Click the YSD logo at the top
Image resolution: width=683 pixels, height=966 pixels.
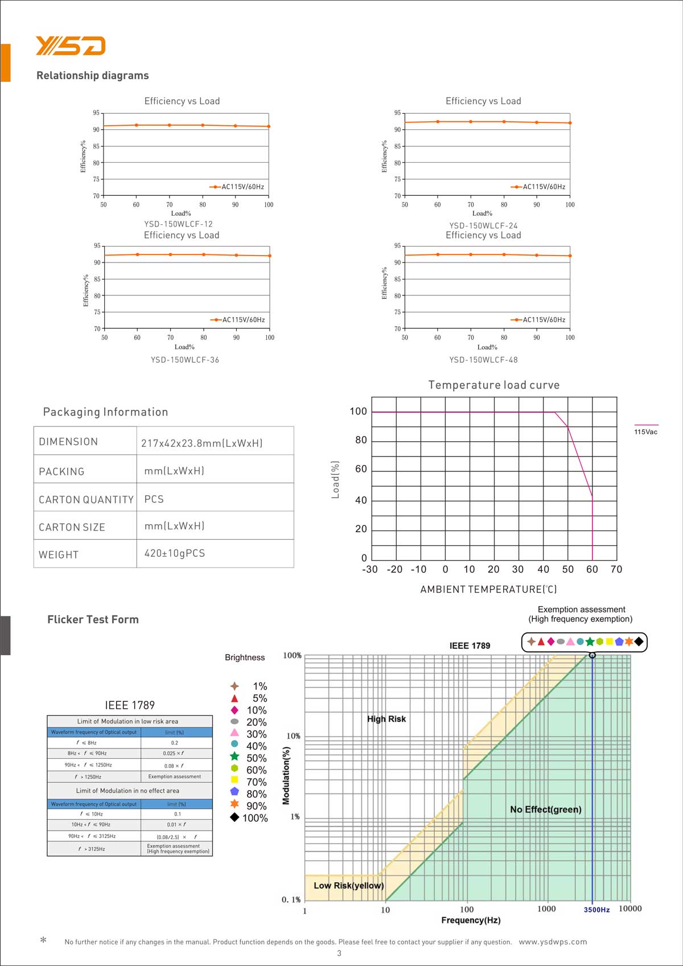(x=71, y=46)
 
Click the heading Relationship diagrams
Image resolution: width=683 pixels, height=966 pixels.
(x=92, y=76)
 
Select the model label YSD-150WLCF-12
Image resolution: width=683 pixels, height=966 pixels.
(x=178, y=224)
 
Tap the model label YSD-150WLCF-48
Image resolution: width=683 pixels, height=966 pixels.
(x=483, y=360)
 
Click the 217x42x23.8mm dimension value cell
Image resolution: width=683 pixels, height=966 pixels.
(x=201, y=443)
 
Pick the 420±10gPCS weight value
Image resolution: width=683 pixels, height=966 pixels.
(x=174, y=553)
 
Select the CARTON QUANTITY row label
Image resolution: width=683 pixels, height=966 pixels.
(x=86, y=500)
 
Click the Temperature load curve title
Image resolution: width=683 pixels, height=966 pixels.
(x=493, y=385)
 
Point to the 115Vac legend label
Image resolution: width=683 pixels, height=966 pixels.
(x=645, y=432)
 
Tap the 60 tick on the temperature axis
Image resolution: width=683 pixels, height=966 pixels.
(x=592, y=569)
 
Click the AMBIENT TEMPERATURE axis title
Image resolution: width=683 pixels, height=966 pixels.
(x=488, y=590)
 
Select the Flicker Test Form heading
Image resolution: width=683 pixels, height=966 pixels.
(x=93, y=620)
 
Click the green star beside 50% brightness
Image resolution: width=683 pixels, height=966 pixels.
(x=234, y=757)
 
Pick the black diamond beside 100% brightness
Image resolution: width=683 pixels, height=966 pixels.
(x=234, y=817)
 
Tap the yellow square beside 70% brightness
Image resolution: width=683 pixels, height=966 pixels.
(x=234, y=780)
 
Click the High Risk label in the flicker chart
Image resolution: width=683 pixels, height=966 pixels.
(x=386, y=719)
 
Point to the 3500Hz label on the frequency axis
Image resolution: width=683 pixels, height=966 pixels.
(x=596, y=910)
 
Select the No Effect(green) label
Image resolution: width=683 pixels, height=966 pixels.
(x=545, y=809)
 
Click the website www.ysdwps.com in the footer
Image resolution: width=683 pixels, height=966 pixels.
(x=553, y=942)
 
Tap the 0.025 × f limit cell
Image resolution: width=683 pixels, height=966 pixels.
(x=174, y=754)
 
